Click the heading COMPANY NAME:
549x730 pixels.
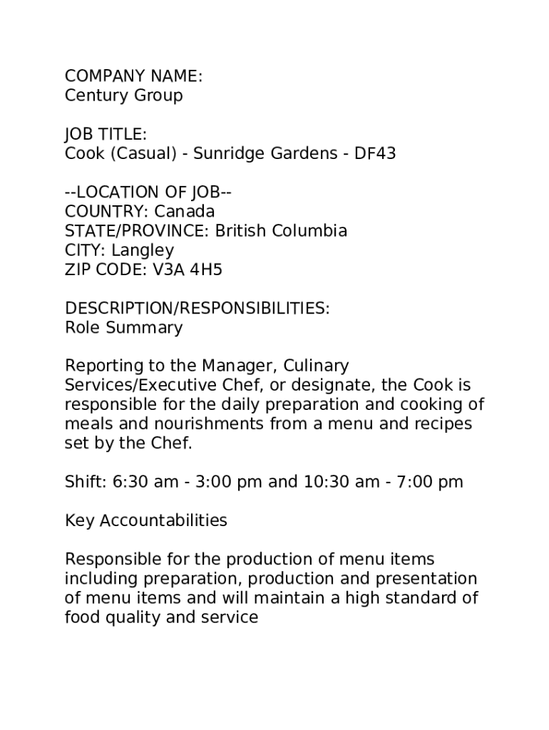134,76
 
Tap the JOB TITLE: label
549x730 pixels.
106,135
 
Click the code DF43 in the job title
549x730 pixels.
375,154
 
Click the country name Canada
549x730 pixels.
185,212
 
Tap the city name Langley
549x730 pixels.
143,251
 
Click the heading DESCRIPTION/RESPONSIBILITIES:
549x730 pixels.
197,309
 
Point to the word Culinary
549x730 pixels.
317,366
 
